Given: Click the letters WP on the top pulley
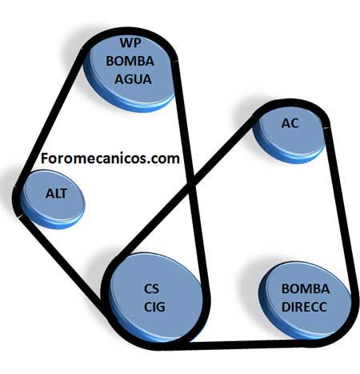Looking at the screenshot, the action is (130, 42).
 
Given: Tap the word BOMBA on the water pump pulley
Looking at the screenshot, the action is (130, 61).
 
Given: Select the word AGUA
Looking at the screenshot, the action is (133, 79).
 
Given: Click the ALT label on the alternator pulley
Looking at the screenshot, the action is (56, 193).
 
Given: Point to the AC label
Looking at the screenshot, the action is (290, 123).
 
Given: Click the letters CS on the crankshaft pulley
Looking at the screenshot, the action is (151, 288).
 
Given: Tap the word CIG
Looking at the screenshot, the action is (154, 307).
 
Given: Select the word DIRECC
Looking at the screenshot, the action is (304, 307).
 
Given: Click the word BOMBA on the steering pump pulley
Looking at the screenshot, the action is (306, 289).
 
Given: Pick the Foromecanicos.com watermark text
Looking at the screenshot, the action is (110, 159).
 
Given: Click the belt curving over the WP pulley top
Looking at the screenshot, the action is (130, 31).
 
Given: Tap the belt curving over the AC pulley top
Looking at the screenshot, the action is (290, 103).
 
